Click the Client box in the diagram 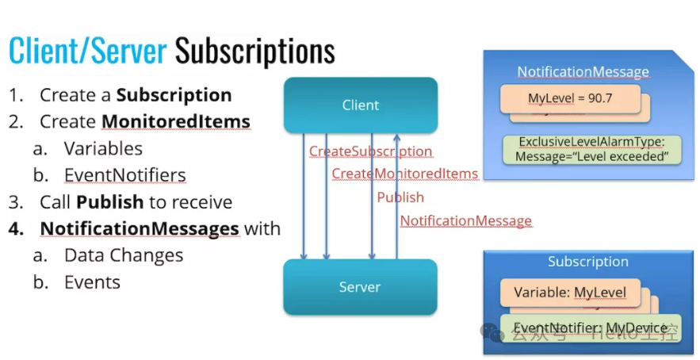point(361,105)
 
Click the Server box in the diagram point(361,287)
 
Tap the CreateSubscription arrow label point(370,151)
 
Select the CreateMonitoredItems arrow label point(404,174)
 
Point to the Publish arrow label point(400,197)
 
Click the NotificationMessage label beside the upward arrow point(465,221)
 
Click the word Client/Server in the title point(87,52)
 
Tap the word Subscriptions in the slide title point(254,52)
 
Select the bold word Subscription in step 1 point(174,96)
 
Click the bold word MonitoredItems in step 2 point(176,122)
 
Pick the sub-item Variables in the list point(103,148)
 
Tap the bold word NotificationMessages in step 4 point(140,228)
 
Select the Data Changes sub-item point(124,255)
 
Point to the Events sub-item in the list point(92,281)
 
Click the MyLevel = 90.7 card point(569,99)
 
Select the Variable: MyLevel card point(569,293)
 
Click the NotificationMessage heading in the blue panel point(583,72)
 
